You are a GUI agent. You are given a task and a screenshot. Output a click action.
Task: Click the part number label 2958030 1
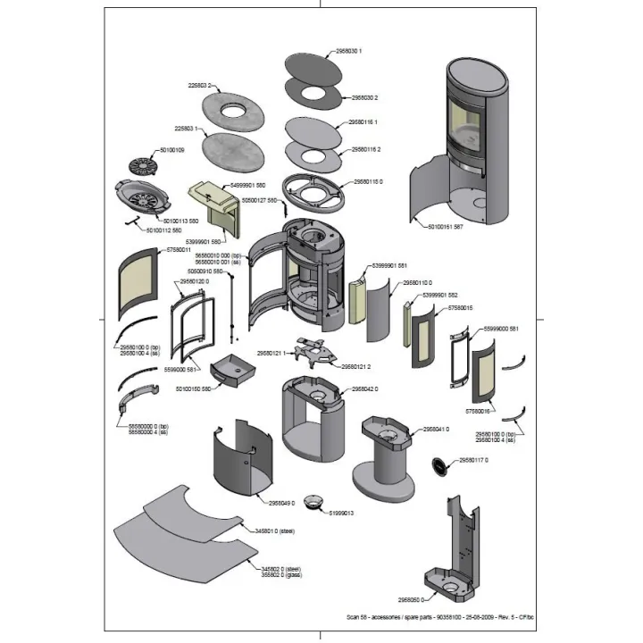(348, 52)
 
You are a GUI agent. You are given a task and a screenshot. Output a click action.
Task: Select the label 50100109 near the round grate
(171, 150)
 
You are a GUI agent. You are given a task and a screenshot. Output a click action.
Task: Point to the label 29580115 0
(367, 181)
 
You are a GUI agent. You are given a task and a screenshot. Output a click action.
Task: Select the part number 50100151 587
(446, 227)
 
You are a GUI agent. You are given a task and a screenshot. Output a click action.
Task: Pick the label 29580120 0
(195, 281)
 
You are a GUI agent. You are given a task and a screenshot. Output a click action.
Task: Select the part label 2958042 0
(364, 389)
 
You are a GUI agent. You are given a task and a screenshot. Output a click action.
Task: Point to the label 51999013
(343, 514)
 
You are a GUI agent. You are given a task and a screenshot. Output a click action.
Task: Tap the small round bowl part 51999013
(313, 501)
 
